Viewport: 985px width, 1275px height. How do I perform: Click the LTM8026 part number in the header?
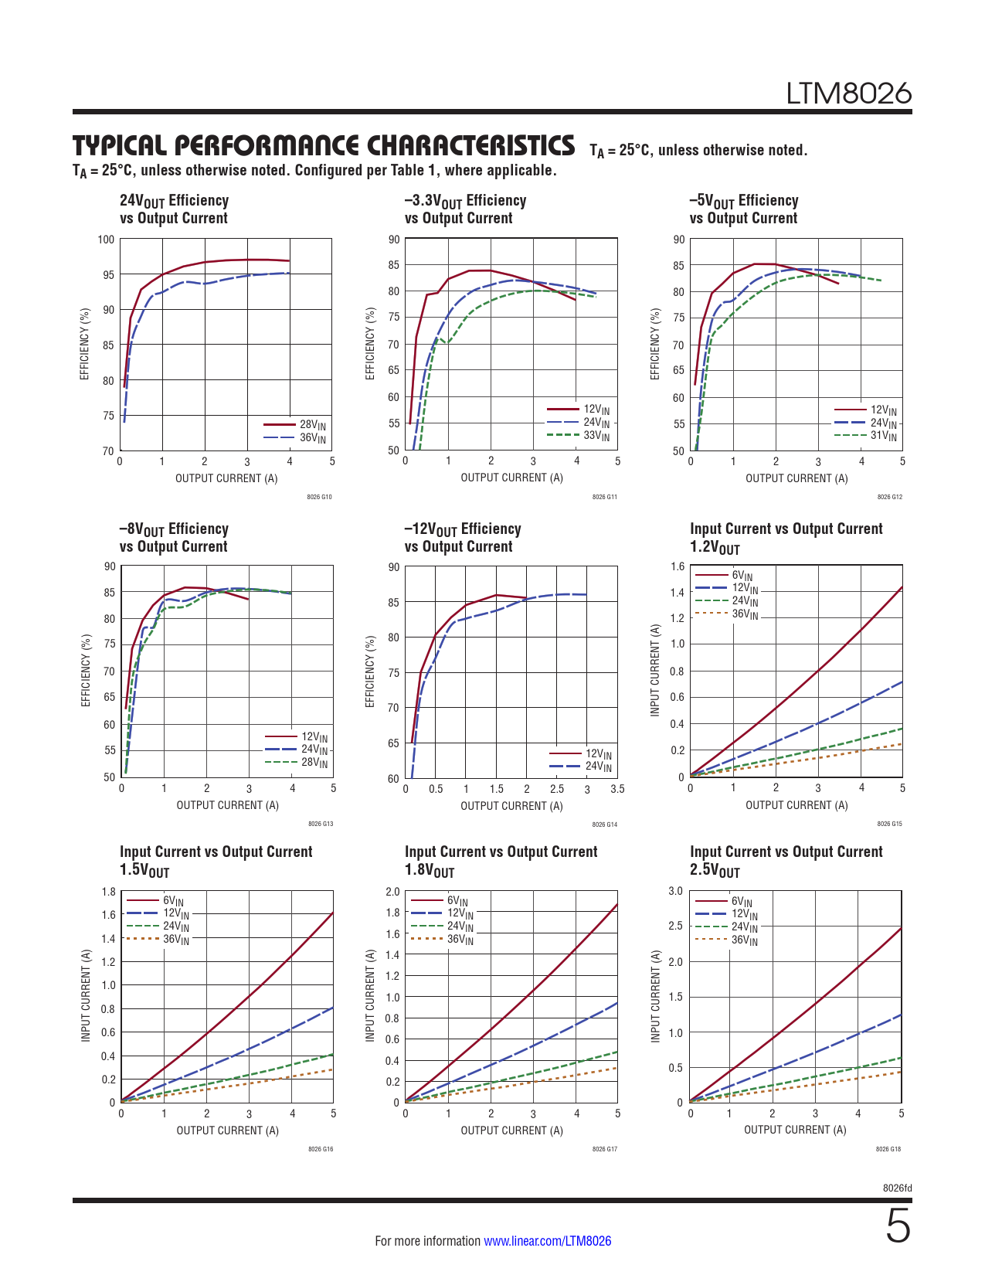point(848,93)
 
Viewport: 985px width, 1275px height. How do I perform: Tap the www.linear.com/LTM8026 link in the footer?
point(547,1241)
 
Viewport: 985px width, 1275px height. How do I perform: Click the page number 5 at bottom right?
point(898,1227)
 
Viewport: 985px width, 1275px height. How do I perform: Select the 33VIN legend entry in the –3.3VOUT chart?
point(596,436)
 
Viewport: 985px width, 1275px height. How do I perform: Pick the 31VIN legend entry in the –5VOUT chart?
point(883,436)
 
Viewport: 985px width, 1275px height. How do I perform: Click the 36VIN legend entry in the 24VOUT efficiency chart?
point(312,438)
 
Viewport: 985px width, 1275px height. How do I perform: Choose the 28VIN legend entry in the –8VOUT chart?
point(314,763)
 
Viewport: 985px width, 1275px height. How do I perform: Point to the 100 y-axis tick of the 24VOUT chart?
point(106,240)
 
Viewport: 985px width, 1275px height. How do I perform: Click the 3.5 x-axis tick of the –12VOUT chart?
point(616,790)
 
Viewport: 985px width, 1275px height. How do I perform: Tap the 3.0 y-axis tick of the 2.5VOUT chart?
point(675,891)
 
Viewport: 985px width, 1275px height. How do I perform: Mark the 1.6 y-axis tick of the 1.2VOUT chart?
point(678,566)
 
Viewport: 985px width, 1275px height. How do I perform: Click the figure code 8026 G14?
point(604,824)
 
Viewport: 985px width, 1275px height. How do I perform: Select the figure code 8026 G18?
point(888,1149)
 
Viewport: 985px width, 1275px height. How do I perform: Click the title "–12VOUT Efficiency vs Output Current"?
point(463,538)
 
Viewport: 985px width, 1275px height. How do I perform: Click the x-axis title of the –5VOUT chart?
point(796,478)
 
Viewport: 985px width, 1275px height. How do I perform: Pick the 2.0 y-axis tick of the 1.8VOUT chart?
point(392,892)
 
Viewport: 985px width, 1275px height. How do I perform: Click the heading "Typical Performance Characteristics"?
point(324,145)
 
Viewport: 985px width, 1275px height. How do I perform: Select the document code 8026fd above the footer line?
point(897,1188)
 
